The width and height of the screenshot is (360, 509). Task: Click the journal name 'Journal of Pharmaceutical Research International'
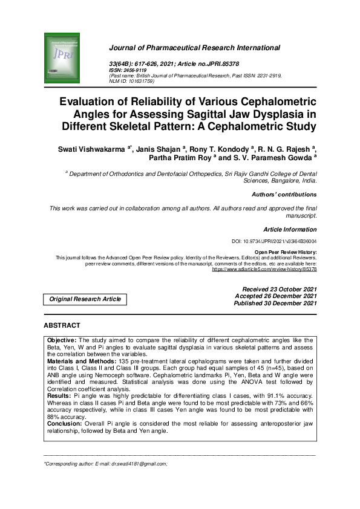pos(194,47)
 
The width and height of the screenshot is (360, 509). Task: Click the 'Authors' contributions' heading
pos(284,195)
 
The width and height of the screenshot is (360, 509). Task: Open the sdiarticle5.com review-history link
pos(264,269)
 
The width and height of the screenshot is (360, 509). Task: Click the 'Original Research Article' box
pos(85,299)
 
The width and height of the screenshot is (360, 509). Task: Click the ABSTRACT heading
pos(62,325)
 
